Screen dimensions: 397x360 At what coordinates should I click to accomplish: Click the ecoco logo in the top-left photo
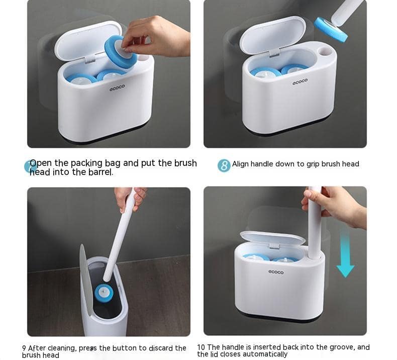pos(117,87)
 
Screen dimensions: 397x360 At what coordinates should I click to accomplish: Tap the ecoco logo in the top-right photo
pos(301,81)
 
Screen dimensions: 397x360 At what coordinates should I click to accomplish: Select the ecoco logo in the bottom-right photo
pos(276,272)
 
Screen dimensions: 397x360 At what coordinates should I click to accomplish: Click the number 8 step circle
pos(224,165)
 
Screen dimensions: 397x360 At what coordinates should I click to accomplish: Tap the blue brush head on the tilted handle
pos(330,29)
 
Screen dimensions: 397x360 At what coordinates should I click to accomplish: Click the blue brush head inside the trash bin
pos(104,293)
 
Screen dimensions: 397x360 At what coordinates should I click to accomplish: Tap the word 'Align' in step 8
pos(240,164)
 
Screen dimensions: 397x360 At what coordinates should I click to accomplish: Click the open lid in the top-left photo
pos(88,41)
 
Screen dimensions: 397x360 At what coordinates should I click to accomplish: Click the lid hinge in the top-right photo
pos(274,54)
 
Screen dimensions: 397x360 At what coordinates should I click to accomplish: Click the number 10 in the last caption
pos(202,347)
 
